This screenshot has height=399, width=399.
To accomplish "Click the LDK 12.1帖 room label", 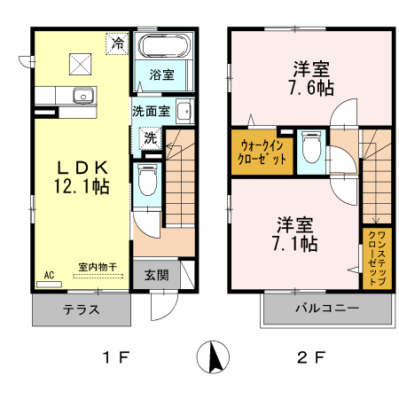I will tap(83, 176).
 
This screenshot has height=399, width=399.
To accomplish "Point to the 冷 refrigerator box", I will tap(115, 42).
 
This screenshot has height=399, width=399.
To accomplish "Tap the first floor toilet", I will tap(148, 182).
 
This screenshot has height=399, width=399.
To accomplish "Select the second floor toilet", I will tap(310, 146).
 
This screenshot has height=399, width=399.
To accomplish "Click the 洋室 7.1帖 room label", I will tap(296, 232).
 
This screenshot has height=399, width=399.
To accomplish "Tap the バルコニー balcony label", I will tap(325, 309).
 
